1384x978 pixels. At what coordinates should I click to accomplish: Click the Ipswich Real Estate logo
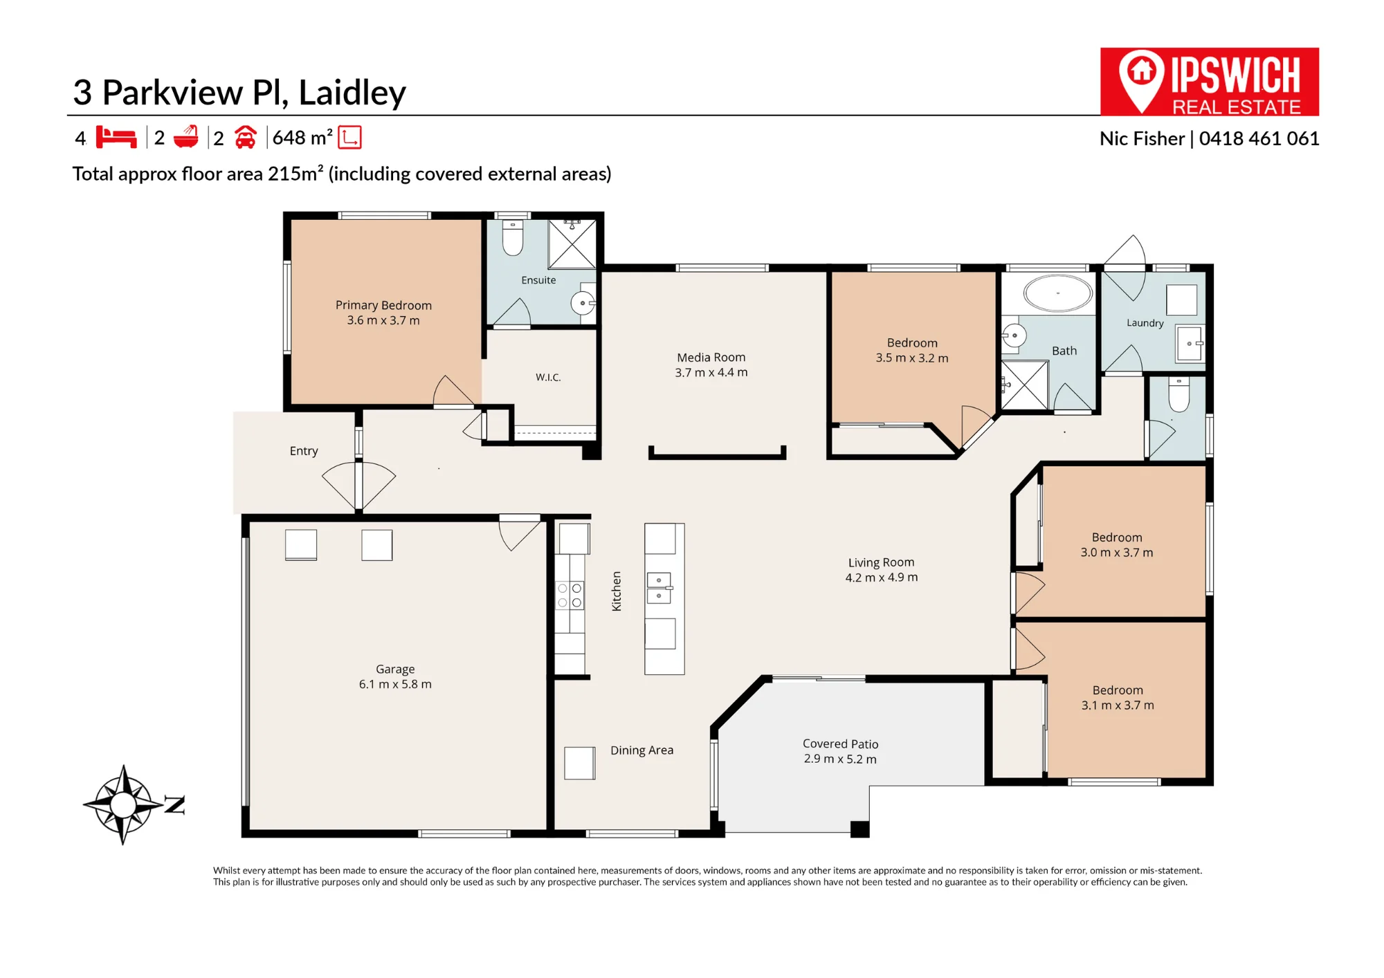click(x=1209, y=82)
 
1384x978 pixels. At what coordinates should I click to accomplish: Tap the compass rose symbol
click(x=124, y=804)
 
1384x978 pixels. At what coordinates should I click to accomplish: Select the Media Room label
click(x=711, y=357)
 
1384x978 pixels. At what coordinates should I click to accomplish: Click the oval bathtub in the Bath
click(x=1057, y=293)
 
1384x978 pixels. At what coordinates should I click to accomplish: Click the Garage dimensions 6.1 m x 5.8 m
click(x=395, y=684)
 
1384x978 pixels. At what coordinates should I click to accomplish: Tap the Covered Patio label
click(x=840, y=744)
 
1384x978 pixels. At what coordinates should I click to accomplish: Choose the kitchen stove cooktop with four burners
click(x=570, y=595)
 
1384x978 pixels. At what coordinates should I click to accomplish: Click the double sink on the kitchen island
click(x=659, y=588)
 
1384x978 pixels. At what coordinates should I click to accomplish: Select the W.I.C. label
click(x=548, y=377)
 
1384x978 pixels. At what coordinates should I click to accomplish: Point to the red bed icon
click(x=116, y=137)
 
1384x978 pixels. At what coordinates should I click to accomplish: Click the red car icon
click(x=246, y=137)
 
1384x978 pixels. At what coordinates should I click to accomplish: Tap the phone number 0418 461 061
click(x=1259, y=138)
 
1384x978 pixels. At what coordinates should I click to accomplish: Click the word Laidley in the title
click(x=352, y=93)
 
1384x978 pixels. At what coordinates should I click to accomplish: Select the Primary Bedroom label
click(x=383, y=305)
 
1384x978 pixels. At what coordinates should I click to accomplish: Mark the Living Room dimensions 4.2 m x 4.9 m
click(x=881, y=578)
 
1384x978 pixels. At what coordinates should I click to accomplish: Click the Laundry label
click(x=1145, y=323)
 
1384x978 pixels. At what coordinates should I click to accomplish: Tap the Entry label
click(x=304, y=451)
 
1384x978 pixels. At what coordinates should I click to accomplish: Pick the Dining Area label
click(x=641, y=750)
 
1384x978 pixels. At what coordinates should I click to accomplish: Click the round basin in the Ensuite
click(x=583, y=303)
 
